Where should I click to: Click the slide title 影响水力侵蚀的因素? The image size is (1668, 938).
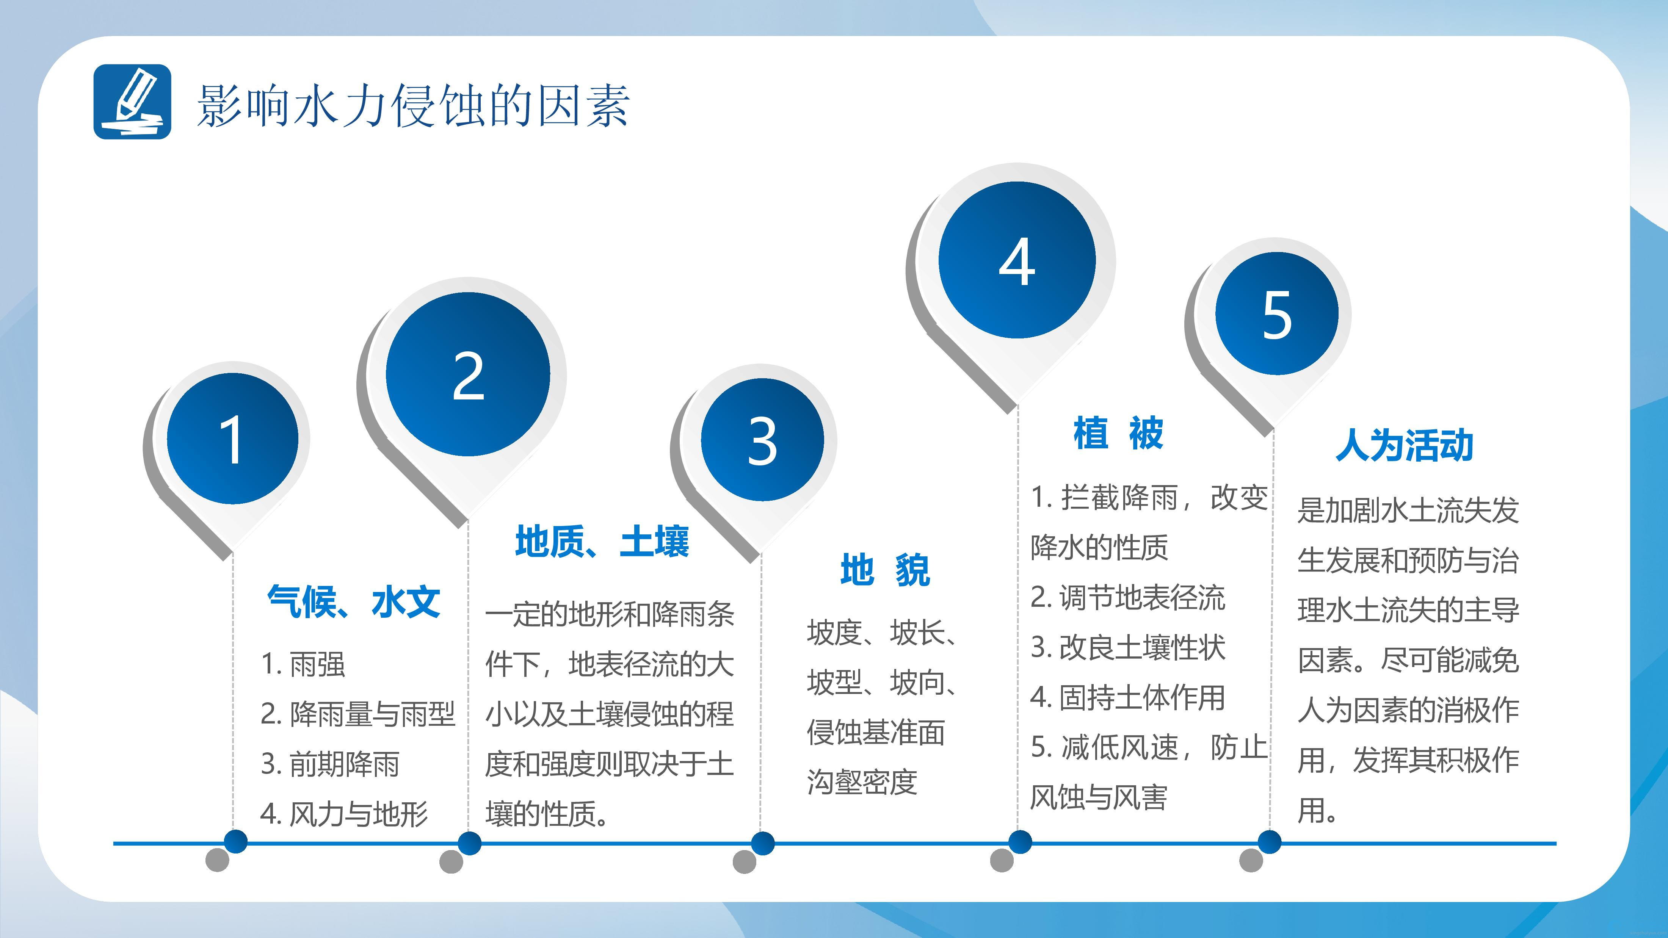coord(413,105)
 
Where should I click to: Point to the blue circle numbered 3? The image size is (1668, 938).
coord(762,440)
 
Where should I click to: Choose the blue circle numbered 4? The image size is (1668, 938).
coord(1017,260)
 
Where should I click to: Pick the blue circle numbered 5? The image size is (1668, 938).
coord(1277,313)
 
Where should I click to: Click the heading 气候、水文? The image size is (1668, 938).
coord(354,602)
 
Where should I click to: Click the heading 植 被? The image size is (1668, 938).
coord(1118,433)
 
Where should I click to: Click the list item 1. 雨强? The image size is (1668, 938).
coord(303,664)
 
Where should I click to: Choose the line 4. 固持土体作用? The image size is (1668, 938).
coord(1128,697)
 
